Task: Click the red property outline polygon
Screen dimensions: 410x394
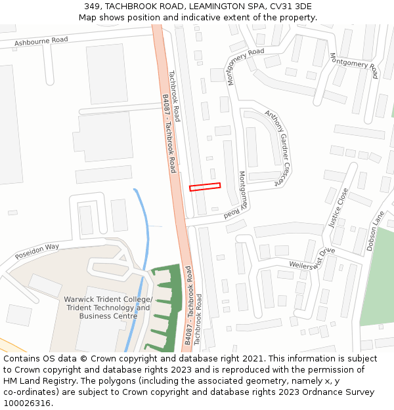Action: click(x=205, y=187)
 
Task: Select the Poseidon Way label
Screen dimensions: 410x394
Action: click(x=37, y=250)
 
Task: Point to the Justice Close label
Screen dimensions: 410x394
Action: click(x=338, y=208)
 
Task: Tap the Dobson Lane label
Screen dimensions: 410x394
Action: click(x=377, y=231)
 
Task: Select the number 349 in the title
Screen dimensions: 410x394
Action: click(x=92, y=7)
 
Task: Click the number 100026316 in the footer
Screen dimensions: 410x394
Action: click(x=26, y=403)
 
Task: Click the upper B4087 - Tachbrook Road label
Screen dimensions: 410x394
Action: click(x=169, y=133)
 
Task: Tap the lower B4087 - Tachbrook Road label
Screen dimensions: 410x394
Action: click(x=188, y=305)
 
